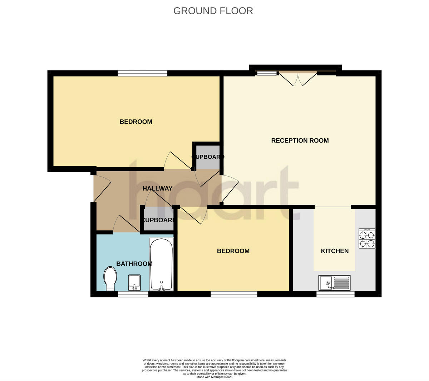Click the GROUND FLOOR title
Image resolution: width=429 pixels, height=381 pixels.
(213, 11)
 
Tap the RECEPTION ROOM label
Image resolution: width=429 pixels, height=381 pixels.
(300, 140)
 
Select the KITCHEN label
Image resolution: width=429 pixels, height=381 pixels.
(335, 251)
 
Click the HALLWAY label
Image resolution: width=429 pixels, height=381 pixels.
(157, 188)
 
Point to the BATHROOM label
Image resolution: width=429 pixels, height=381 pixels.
(134, 264)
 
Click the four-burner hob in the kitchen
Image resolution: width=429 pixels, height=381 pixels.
(367, 239)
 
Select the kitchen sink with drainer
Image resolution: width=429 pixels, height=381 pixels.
(335, 283)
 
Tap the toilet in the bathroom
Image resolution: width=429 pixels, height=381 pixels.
(110, 279)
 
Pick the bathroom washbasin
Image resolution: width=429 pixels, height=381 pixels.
(134, 283)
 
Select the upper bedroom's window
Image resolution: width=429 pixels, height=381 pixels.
(143, 73)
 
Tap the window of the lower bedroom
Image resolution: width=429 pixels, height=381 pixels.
(234, 294)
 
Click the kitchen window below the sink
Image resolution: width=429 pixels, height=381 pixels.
(335, 294)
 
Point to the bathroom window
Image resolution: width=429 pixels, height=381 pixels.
(133, 294)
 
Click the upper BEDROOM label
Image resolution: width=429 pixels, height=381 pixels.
(136, 122)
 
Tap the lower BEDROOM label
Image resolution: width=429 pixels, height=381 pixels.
(233, 251)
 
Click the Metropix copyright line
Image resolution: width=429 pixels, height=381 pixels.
(214, 377)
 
